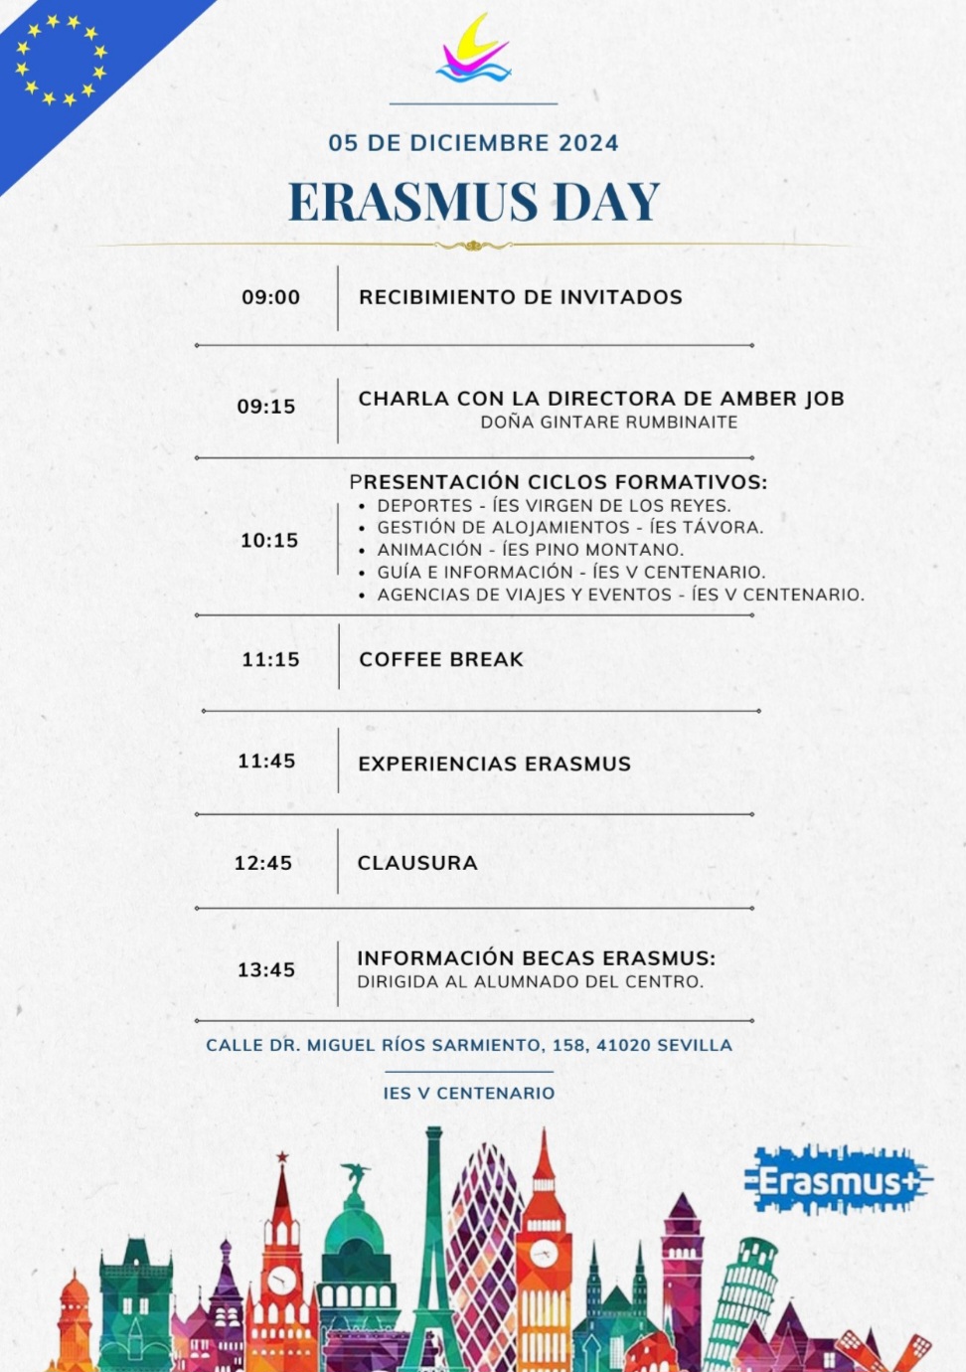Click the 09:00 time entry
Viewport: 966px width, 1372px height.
pyautogui.click(x=270, y=297)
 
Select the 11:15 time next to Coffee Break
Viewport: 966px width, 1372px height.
pyautogui.click(x=270, y=659)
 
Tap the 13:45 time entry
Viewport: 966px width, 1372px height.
pyautogui.click(x=266, y=970)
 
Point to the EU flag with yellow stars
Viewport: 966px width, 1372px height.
pyautogui.click(x=60, y=60)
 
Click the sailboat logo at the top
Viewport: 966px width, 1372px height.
pyautogui.click(x=474, y=50)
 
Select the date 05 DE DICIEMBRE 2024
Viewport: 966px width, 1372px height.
pyautogui.click(x=473, y=143)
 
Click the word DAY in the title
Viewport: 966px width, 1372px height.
pyautogui.click(x=606, y=202)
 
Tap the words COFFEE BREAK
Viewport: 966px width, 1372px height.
pyautogui.click(x=441, y=659)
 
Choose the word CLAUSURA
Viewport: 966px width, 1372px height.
pyautogui.click(x=417, y=863)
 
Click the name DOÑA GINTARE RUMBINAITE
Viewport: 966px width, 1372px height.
pyautogui.click(x=608, y=423)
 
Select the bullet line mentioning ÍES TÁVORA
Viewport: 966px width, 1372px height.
pyautogui.click(x=569, y=528)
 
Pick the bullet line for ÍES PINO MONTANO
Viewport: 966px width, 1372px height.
pyautogui.click(x=530, y=550)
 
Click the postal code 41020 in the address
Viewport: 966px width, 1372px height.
pyautogui.click(x=623, y=1046)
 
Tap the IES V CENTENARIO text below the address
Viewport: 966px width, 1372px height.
pyautogui.click(x=469, y=1093)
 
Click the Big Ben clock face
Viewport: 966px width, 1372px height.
pyautogui.click(x=543, y=1253)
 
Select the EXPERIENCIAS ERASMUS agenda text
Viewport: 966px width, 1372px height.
pyautogui.click(x=494, y=764)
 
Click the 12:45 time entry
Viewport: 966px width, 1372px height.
pyautogui.click(x=263, y=863)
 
